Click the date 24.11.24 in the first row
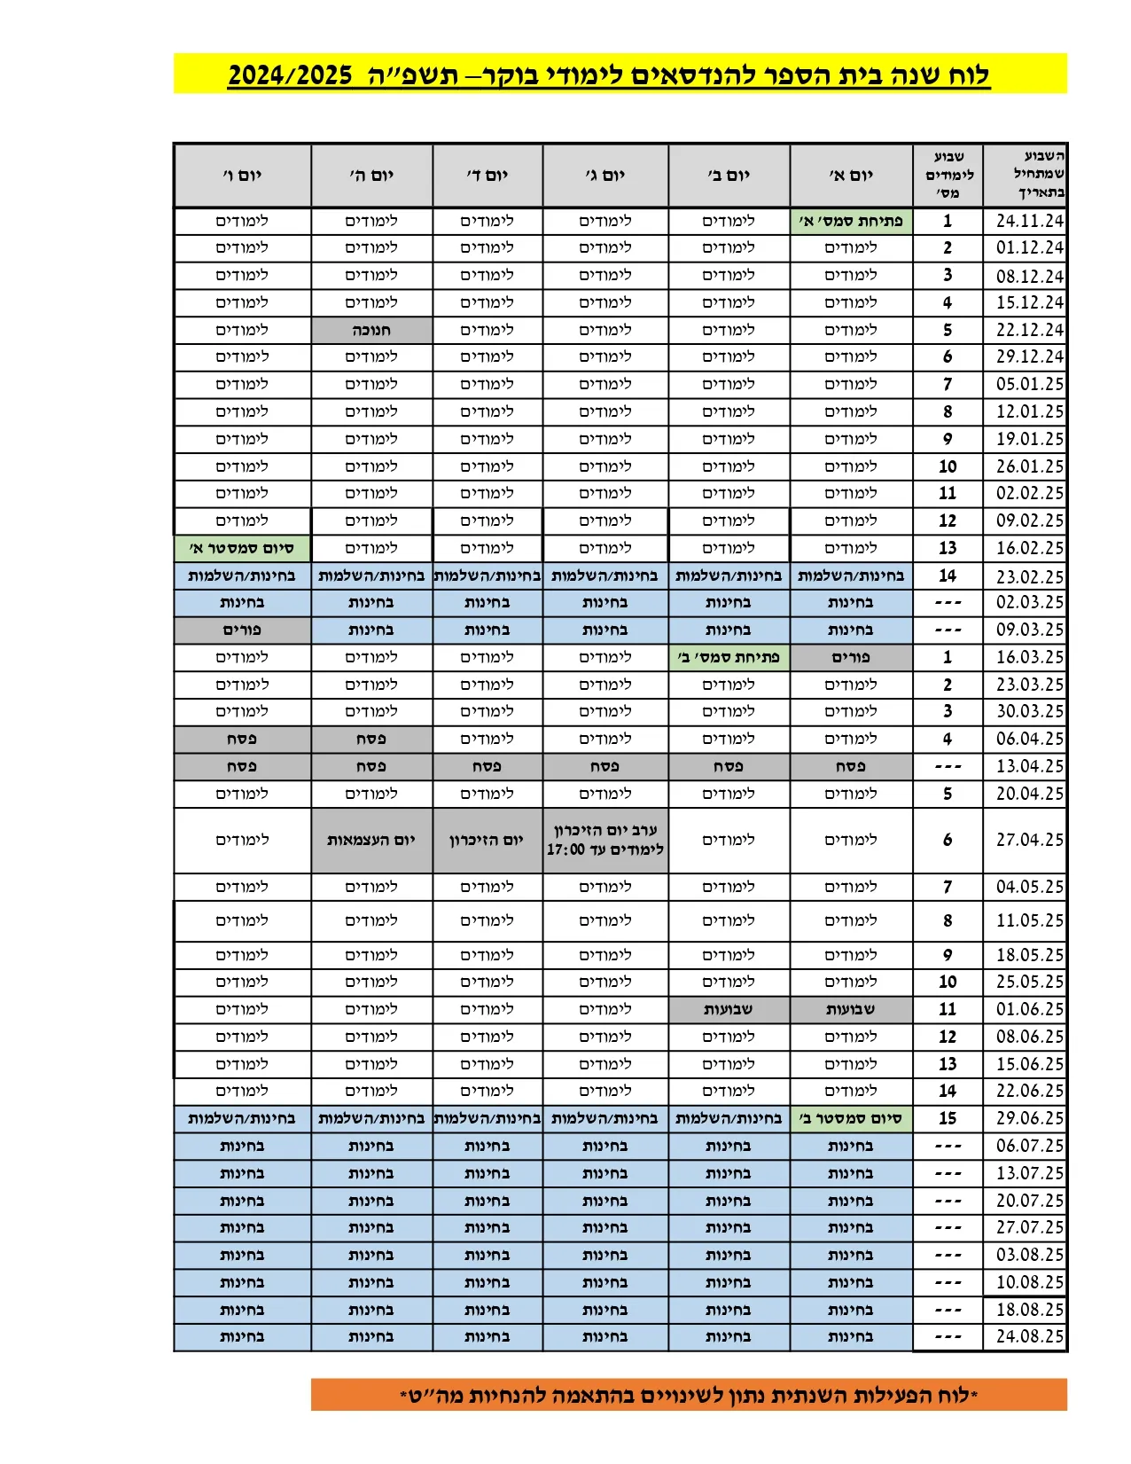tap(1029, 221)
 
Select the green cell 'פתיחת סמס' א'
tap(851, 221)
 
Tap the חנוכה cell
tap(371, 330)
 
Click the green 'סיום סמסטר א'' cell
tap(242, 548)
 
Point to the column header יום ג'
tap(605, 176)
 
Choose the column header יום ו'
tap(242, 176)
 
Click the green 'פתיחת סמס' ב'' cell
tap(729, 657)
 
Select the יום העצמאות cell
tap(371, 840)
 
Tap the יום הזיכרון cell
tap(487, 840)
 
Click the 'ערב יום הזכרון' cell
tap(605, 839)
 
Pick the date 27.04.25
tap(1029, 840)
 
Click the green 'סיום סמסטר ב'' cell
tap(851, 1118)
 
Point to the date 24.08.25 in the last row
tap(1029, 1336)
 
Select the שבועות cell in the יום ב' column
tap(729, 1009)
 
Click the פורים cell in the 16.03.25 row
tap(851, 657)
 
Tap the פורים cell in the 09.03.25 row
tap(242, 630)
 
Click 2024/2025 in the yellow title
tap(290, 75)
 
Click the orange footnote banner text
tap(689, 1395)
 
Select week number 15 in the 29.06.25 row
tap(948, 1118)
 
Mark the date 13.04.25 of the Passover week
tap(1029, 766)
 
